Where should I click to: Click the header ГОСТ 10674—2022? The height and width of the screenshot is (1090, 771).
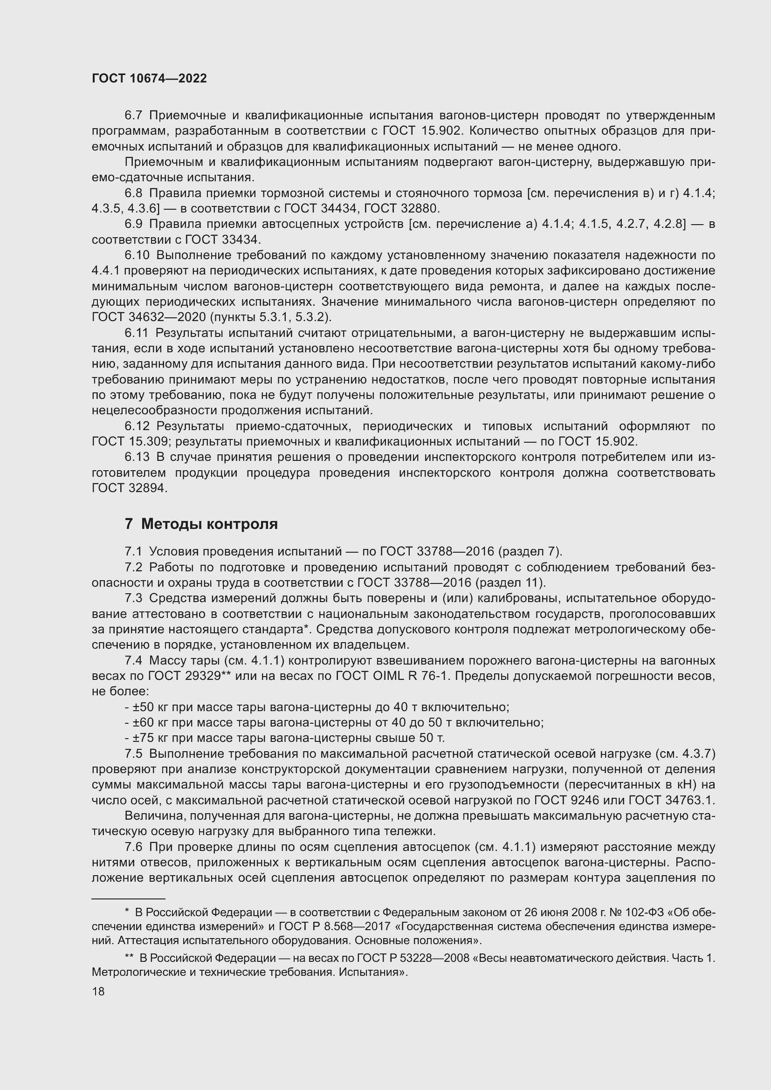click(149, 79)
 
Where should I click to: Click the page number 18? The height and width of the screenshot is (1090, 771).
click(98, 991)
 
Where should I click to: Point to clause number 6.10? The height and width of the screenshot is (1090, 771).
click(137, 255)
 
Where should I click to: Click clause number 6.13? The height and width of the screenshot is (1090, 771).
click(137, 457)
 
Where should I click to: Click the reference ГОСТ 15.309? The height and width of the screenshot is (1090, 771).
click(130, 441)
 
